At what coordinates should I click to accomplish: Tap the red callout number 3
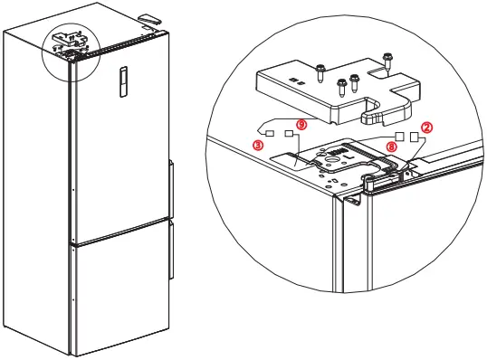(258, 144)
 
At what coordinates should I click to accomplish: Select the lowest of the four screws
(341, 88)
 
